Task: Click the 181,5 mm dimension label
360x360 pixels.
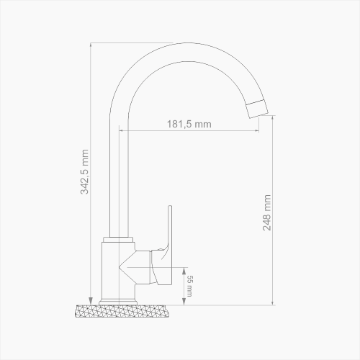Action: coord(189,124)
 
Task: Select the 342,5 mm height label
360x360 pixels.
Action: coord(84,171)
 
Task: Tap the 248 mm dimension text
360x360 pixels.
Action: coord(266,212)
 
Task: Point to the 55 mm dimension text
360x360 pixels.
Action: coord(190,286)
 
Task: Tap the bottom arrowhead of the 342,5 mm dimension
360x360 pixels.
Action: coord(91,301)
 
